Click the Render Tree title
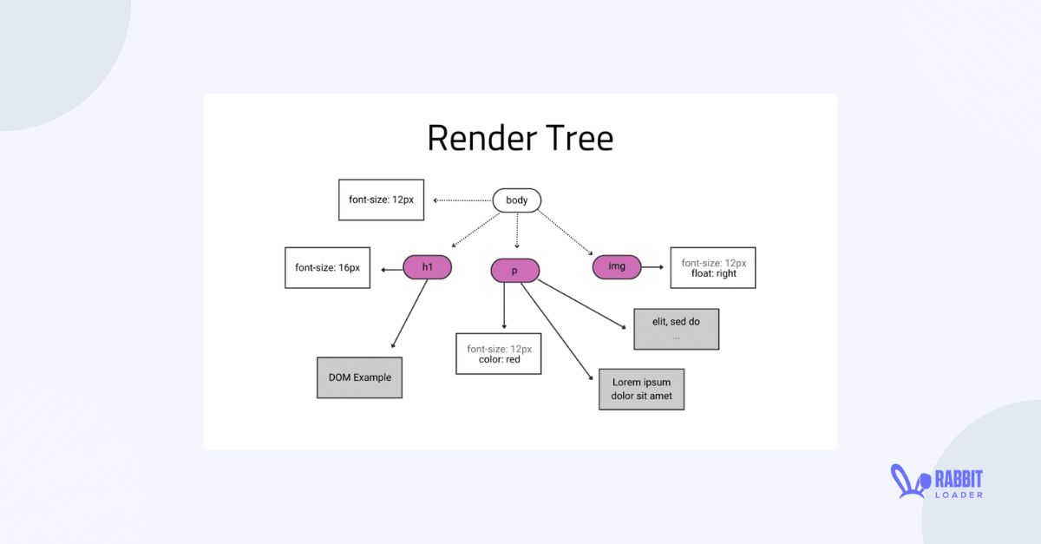(x=520, y=138)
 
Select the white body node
(x=517, y=200)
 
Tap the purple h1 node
(x=427, y=267)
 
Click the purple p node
(x=514, y=271)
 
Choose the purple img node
(x=617, y=267)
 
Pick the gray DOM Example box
(x=359, y=377)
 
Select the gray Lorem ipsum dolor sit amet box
(x=641, y=389)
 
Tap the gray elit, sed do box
(x=676, y=329)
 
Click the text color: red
(x=499, y=359)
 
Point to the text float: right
(x=713, y=273)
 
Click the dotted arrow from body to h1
(x=468, y=233)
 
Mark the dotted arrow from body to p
(x=517, y=231)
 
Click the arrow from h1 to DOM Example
(x=409, y=313)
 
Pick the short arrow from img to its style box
(x=654, y=267)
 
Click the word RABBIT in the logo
(x=958, y=478)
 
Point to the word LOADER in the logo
(x=958, y=495)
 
